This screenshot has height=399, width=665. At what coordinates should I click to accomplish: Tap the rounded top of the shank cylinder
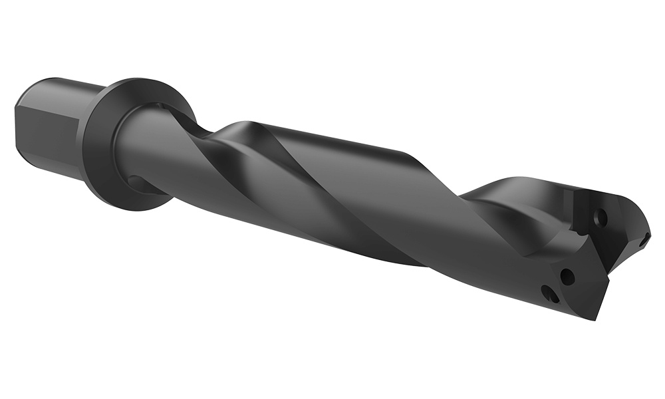point(63,86)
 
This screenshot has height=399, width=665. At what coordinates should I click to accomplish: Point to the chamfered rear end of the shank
point(18,123)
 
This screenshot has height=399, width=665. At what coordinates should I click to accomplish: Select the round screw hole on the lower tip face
point(567,275)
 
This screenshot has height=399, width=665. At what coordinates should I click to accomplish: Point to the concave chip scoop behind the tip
point(505,219)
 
